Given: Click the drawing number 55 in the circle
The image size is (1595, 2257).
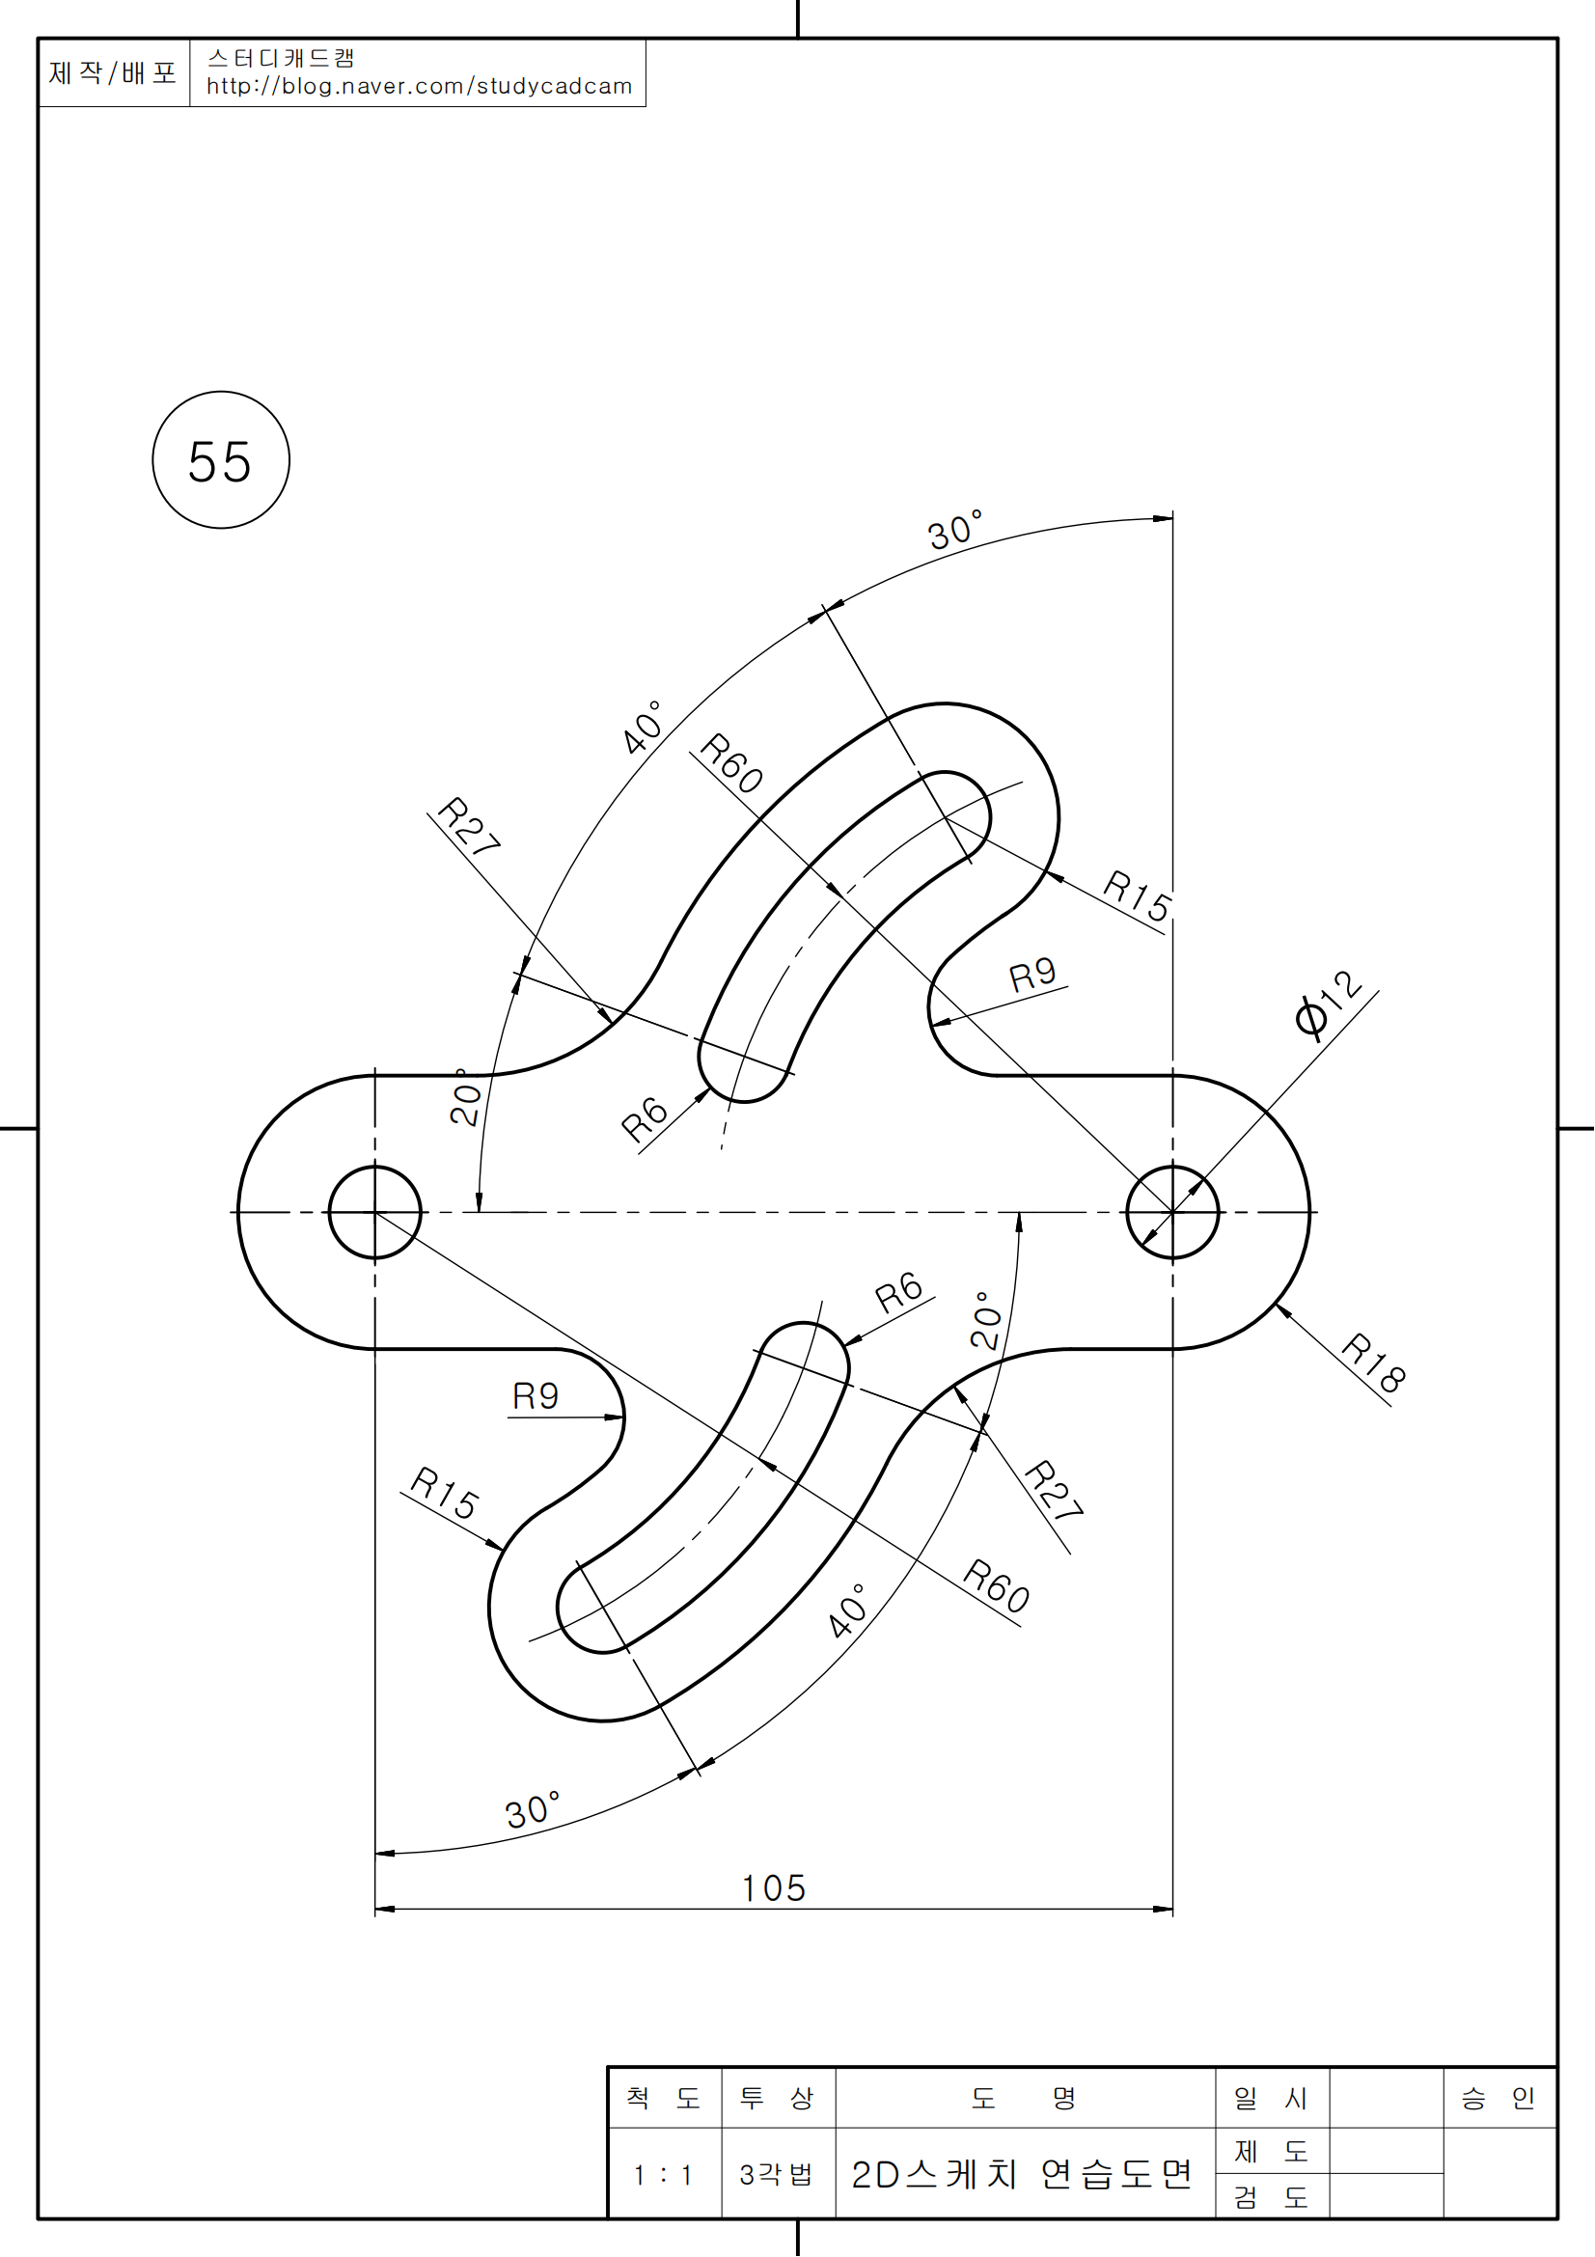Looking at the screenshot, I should point(220,461).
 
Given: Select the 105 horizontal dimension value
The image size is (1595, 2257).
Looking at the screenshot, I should point(774,1888).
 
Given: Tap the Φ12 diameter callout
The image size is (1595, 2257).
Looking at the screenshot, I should point(1329,1003).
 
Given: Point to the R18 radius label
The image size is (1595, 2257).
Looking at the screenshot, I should point(1374,1362).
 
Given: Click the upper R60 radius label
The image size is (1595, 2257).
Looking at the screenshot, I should point(732,762).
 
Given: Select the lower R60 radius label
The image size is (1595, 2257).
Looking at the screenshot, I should point(997,1585).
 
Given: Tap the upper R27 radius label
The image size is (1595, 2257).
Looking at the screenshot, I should point(469,826).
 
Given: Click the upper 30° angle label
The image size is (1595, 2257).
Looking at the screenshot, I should point(955,531).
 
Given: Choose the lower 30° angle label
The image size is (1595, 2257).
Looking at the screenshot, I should point(533,1809).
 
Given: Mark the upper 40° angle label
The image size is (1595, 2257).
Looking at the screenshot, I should point(643,728).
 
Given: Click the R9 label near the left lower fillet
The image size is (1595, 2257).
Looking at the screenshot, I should point(536,1396).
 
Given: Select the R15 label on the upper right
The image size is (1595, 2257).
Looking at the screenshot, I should point(1137,895).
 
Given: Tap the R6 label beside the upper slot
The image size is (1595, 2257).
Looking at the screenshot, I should point(645,1118).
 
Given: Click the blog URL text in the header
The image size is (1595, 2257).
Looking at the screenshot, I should point(419,87).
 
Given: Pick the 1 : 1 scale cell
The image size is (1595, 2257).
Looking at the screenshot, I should point(663,2175).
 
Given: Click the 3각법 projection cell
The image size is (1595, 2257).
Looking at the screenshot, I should point(777,2175).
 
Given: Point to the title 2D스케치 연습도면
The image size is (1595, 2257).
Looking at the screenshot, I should point(1022,2175).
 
